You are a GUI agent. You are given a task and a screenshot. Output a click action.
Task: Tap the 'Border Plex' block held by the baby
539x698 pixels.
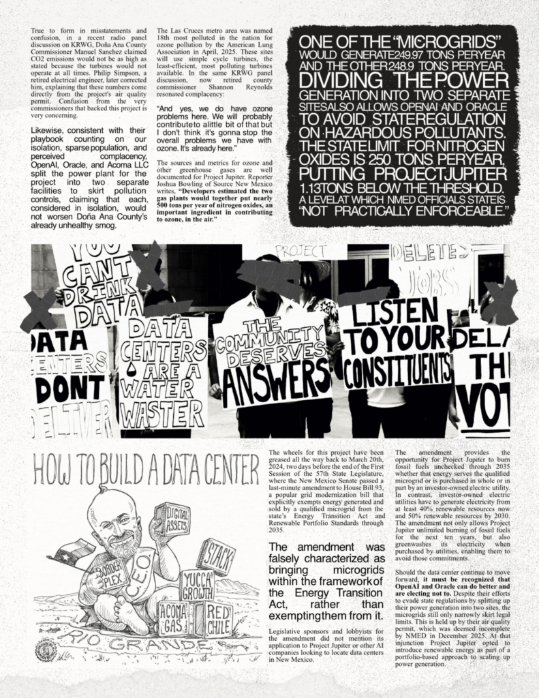pos(111,575)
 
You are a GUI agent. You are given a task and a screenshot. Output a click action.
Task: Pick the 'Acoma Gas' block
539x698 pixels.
pos(174,617)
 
